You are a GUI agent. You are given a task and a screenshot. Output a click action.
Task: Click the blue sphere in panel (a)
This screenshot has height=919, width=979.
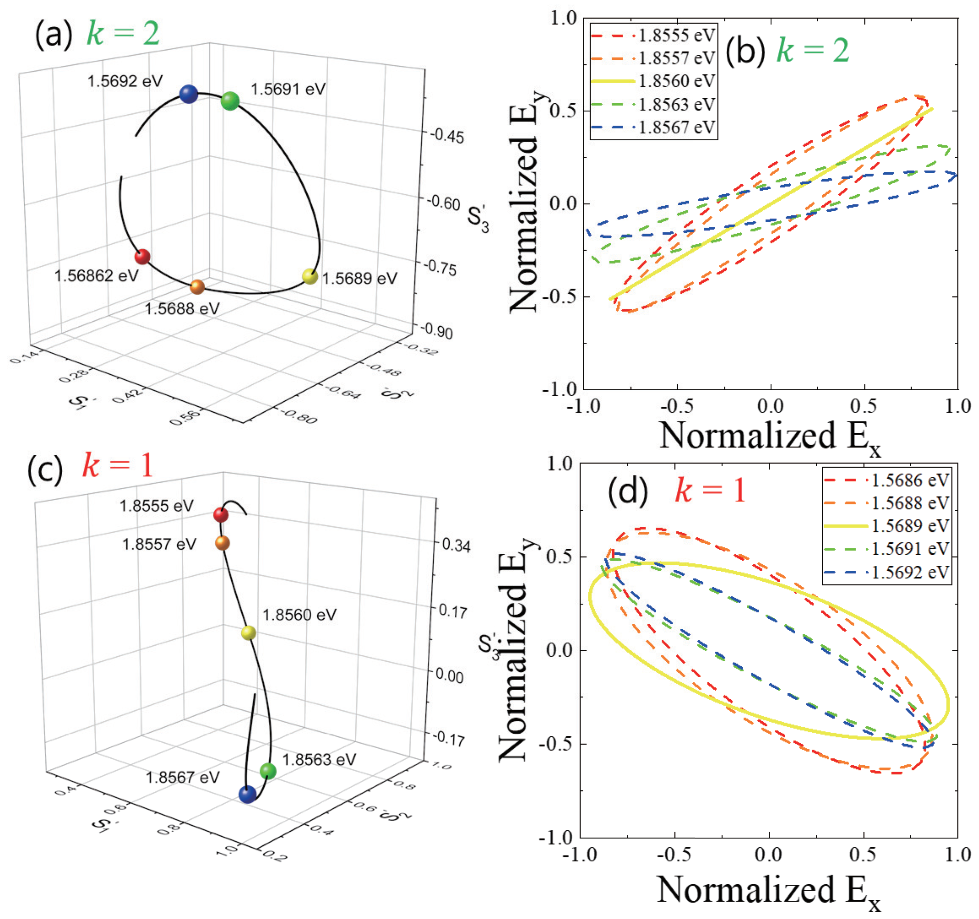coord(189,94)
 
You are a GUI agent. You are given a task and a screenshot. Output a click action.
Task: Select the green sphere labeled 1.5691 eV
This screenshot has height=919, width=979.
coord(230,101)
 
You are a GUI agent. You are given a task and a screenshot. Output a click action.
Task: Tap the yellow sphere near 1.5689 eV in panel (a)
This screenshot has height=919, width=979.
coord(310,276)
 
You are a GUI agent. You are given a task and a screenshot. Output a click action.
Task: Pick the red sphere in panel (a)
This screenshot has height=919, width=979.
coord(142,256)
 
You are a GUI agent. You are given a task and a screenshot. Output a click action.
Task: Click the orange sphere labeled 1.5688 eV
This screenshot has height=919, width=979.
coord(197,287)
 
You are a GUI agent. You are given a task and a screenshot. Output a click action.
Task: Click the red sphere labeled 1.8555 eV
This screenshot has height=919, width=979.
coord(221,515)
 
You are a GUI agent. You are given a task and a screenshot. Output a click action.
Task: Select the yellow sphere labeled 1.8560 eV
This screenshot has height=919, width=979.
coord(249,633)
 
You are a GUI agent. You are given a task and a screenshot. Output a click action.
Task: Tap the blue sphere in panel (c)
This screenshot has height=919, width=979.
coord(247,794)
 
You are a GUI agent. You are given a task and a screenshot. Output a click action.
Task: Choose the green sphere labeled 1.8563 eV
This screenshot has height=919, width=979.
coord(268,770)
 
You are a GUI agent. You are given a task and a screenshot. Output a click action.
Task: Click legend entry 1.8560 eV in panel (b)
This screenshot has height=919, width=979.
coord(676,81)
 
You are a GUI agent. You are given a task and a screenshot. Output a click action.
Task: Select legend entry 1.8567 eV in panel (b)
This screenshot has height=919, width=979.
coord(676,127)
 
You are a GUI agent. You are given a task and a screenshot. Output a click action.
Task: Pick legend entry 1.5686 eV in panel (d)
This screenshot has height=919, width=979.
coord(910,480)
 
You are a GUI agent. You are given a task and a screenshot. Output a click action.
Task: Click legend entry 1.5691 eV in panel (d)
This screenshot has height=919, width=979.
coord(910,549)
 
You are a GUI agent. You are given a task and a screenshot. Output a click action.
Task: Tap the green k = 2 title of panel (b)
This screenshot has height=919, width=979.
coord(813,51)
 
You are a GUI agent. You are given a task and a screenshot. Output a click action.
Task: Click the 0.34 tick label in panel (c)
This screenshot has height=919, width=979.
coord(456,545)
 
